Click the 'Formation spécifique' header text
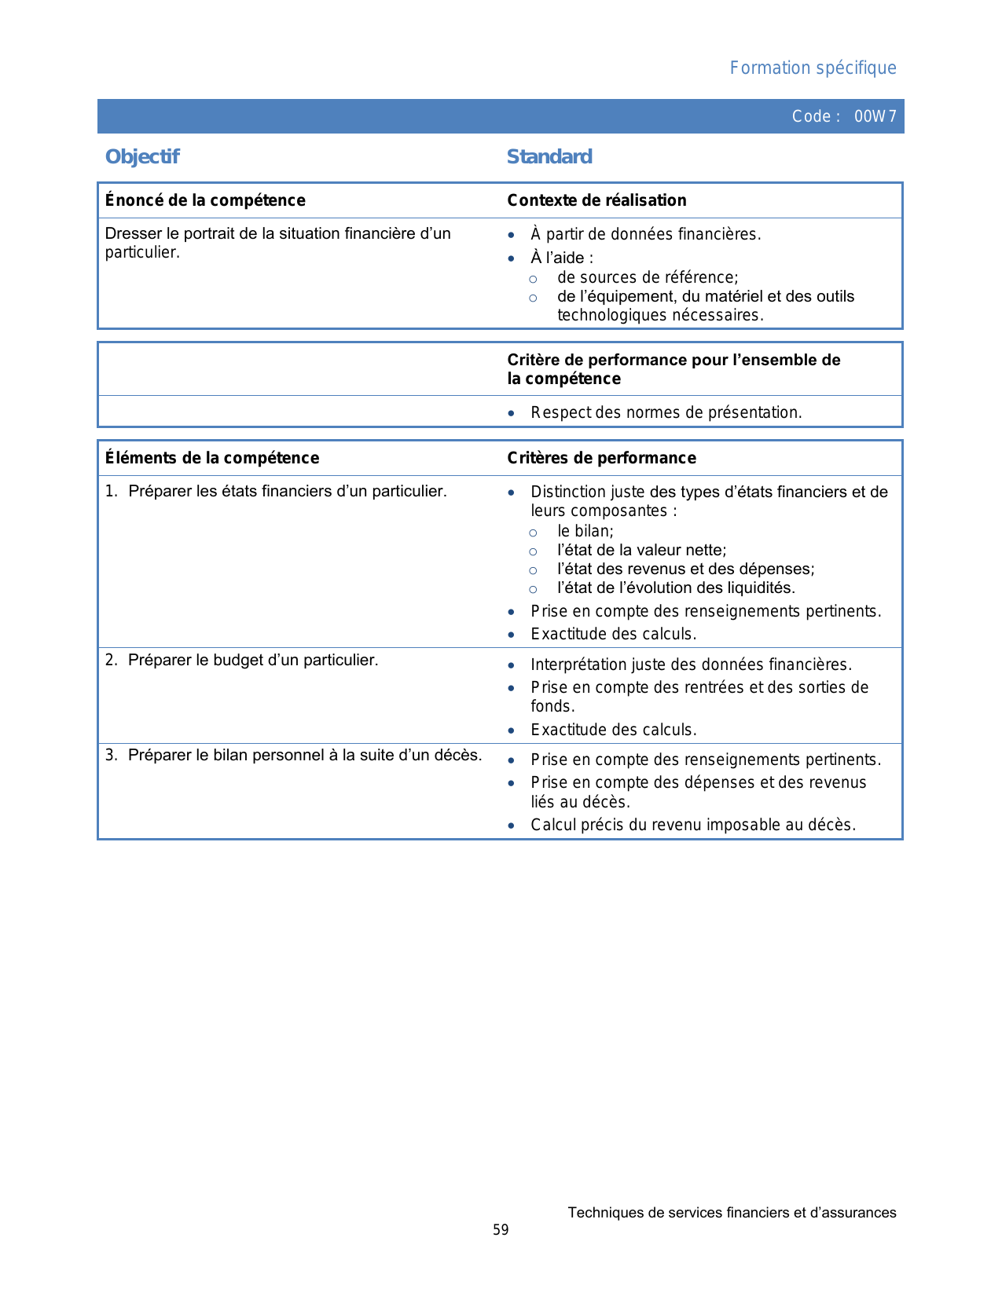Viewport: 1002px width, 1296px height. (x=813, y=68)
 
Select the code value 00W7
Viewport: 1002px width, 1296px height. (x=875, y=117)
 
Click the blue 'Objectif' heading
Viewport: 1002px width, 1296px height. (x=142, y=157)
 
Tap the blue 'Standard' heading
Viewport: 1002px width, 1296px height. (x=549, y=157)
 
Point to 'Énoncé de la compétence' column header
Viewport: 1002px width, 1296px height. (x=205, y=200)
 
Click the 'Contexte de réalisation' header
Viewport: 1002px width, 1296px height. (x=596, y=200)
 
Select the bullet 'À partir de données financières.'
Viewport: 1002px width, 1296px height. (x=645, y=234)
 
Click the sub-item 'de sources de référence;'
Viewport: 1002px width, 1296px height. (x=648, y=277)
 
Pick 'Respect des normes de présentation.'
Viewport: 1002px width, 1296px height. (x=666, y=412)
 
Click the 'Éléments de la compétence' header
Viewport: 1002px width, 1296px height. (x=212, y=458)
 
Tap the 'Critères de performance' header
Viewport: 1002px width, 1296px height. (x=601, y=458)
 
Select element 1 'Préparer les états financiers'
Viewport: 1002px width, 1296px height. (x=287, y=492)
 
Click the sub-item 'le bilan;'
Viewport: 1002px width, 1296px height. (x=585, y=531)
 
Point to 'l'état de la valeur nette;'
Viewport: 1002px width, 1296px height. (x=641, y=550)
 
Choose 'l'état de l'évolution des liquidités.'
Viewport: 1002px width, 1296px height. (x=676, y=588)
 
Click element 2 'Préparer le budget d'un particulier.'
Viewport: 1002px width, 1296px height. (x=252, y=660)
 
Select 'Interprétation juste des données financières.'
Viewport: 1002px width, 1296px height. (x=691, y=664)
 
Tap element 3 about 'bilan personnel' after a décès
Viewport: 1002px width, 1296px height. (x=304, y=755)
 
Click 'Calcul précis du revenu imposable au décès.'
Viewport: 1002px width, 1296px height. (x=693, y=825)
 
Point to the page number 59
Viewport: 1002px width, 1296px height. (x=501, y=1230)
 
